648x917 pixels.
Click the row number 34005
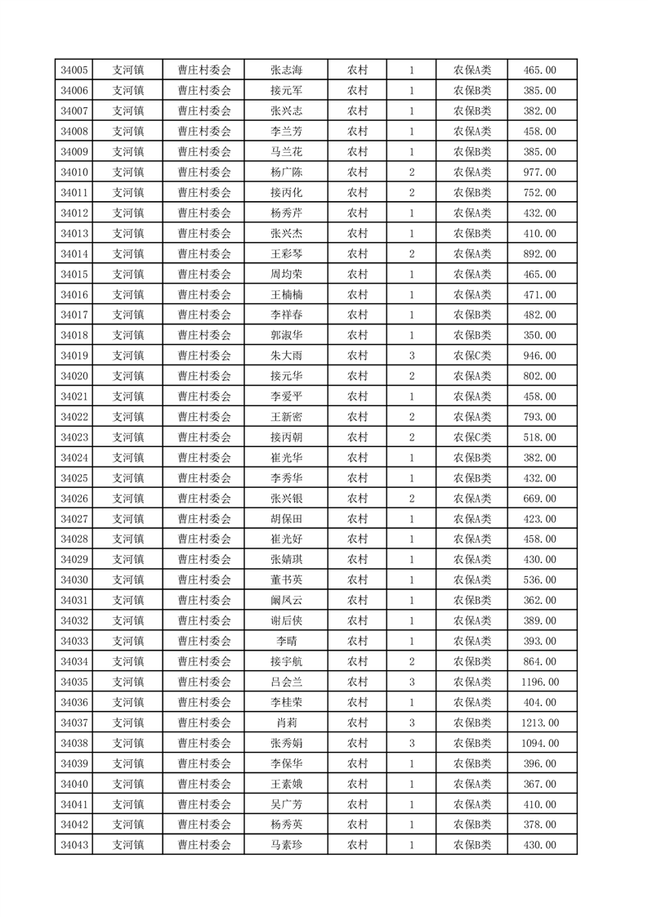[74, 70]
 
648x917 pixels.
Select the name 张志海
[286, 70]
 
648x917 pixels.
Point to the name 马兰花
[286, 152]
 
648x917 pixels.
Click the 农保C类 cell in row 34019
[472, 356]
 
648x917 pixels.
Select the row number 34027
[74, 519]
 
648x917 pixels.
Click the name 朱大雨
[286, 356]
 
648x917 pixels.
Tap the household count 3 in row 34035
[411, 682]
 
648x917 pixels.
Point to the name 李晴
[286, 641]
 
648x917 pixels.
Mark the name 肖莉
[286, 722]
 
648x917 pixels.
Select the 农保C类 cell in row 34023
[472, 437]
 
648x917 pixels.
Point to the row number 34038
[74, 743]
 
